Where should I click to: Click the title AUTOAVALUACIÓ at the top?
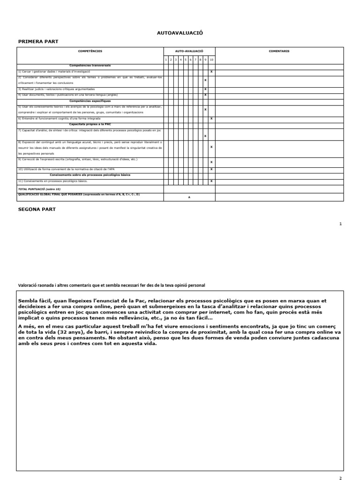(180, 33)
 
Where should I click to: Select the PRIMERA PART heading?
(38, 42)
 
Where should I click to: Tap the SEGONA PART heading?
(37, 209)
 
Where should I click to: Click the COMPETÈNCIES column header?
(90, 51)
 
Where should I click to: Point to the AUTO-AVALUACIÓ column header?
(189, 51)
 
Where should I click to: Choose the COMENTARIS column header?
(279, 51)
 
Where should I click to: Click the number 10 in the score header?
(212, 60)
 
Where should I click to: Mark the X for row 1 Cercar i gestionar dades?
(212, 72)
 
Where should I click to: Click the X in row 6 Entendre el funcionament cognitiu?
(212, 119)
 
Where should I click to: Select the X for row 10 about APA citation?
(212, 169)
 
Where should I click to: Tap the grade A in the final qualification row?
(189, 197)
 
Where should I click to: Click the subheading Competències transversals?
(90, 66)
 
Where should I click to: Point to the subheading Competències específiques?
(90, 101)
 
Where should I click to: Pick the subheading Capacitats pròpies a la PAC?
(90, 124)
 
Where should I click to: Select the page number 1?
(340, 224)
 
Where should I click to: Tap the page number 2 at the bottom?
(340, 477)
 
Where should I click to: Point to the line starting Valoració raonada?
(111, 285)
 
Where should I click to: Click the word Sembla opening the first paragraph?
(28, 301)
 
